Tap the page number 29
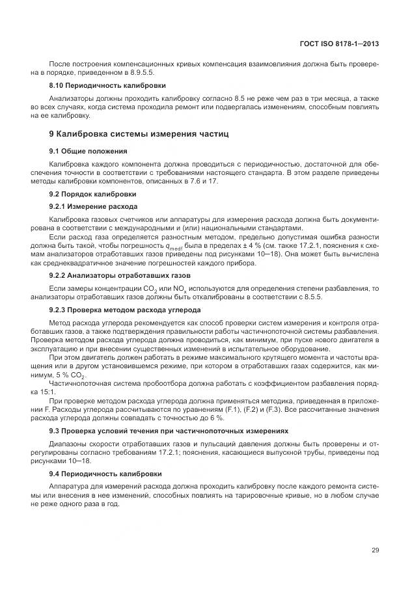[375, 550]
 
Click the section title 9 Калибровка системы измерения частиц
[139, 134]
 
